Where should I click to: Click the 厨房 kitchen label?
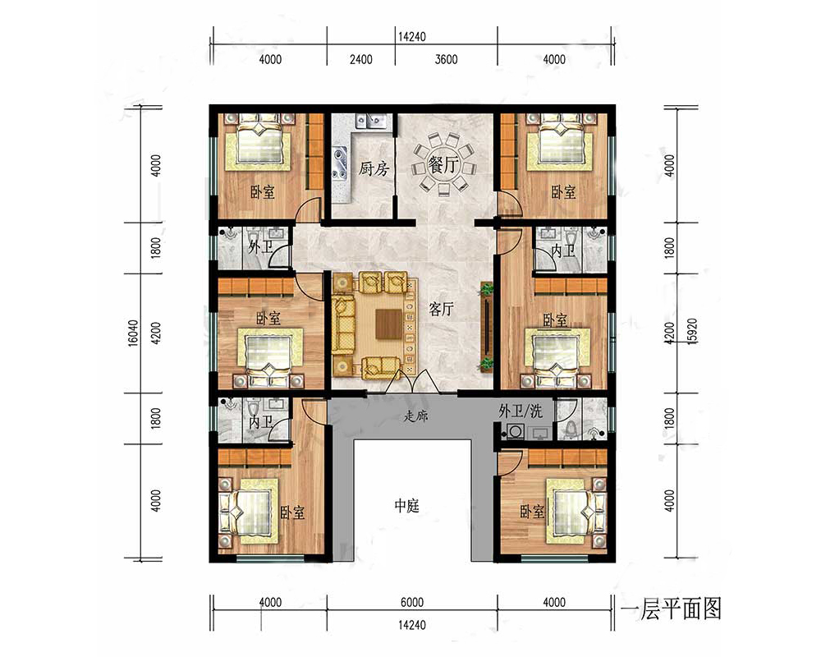pyautogui.click(x=374, y=168)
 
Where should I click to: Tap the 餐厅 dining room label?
pyautogui.click(x=443, y=165)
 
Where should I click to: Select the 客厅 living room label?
pyautogui.click(x=441, y=309)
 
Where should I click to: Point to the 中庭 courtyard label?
pyautogui.click(x=407, y=506)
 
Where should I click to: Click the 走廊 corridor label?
pyautogui.click(x=415, y=416)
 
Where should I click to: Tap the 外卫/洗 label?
pyautogui.click(x=520, y=411)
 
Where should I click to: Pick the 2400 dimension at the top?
pyautogui.click(x=360, y=59)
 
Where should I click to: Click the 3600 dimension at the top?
pyautogui.click(x=446, y=59)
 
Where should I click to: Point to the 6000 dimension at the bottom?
pyautogui.click(x=412, y=602)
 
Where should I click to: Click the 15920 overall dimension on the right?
pyautogui.click(x=691, y=330)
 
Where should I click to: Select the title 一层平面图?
pyautogui.click(x=671, y=609)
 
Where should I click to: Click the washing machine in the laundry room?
pyautogui.click(x=512, y=431)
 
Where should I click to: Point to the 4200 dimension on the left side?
pyautogui.click(x=155, y=333)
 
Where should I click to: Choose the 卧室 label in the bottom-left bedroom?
pyautogui.click(x=292, y=512)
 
